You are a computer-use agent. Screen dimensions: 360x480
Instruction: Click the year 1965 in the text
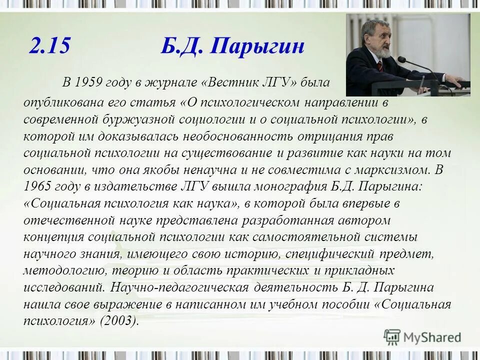tap(37, 186)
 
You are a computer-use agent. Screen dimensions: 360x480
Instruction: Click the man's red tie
tap(379, 65)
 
